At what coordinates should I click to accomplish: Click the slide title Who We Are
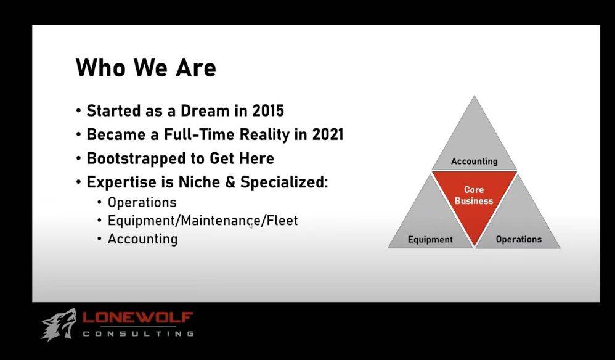(145, 67)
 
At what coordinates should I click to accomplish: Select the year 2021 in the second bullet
(327, 134)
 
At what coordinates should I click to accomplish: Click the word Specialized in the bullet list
(284, 182)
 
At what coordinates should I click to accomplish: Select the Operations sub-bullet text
(142, 203)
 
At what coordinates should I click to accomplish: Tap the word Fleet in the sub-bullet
(282, 221)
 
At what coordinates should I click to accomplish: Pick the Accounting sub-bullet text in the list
(142, 239)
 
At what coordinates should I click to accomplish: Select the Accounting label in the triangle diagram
(474, 161)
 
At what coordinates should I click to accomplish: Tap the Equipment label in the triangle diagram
(430, 240)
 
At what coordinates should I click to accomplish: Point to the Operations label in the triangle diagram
(518, 239)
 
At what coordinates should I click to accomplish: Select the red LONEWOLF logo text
(137, 317)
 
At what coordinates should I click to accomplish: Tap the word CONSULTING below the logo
(139, 333)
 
